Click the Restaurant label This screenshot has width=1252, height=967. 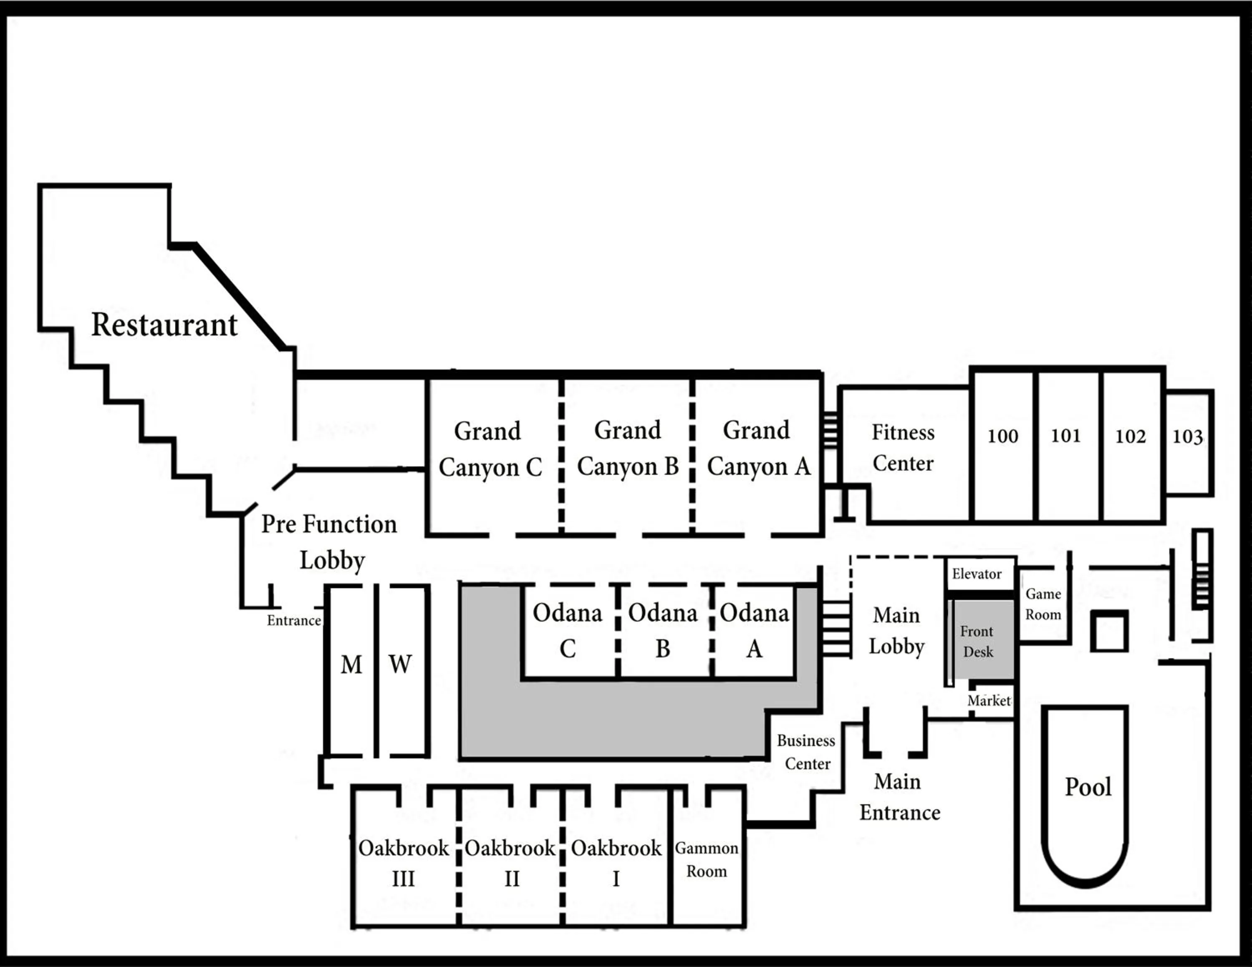pos(164,325)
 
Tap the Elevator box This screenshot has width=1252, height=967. pos(977,574)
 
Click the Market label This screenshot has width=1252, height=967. pos(989,700)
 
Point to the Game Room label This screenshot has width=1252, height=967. pos(1043,604)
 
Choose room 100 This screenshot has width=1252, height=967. pos(1002,436)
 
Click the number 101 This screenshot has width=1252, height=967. pos(1066,436)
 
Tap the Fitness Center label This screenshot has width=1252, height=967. pos(903,448)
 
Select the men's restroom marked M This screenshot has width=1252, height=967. pos(351,665)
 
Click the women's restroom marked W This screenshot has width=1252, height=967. pos(400,665)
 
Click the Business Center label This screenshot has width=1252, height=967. pos(806,752)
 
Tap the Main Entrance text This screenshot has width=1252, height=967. pos(899,798)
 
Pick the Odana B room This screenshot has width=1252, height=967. pos(663,630)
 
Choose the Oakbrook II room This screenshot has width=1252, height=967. pos(510,863)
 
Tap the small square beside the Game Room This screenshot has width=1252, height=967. pos(1109,631)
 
